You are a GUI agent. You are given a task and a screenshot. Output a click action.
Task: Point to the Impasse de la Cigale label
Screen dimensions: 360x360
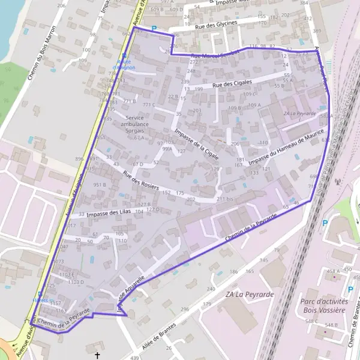tap(196, 143)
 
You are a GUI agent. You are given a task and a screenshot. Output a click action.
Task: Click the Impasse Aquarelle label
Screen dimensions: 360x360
tap(133, 288)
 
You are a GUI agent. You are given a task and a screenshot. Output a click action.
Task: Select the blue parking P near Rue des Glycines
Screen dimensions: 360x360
tap(154, 28)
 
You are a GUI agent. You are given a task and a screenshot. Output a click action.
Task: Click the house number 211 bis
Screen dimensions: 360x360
tap(224, 198)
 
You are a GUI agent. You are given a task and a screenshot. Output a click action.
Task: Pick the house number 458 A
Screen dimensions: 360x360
tap(332, 271)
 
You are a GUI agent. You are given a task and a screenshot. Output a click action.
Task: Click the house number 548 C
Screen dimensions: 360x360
tap(311, 321)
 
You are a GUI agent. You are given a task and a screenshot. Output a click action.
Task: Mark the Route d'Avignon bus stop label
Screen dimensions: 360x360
tap(127, 65)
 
